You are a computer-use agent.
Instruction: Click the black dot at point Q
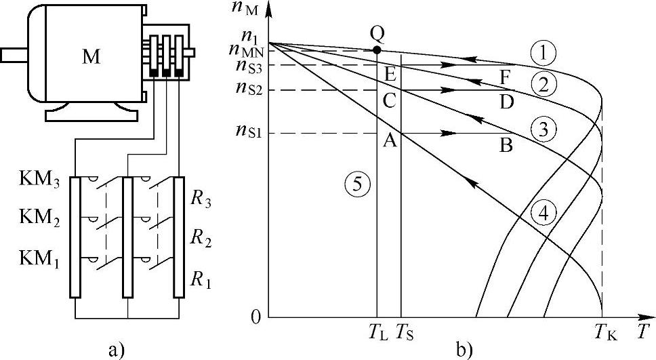pyautogui.click(x=376, y=50)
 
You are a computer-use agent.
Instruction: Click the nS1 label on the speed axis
pyautogui.click(x=249, y=134)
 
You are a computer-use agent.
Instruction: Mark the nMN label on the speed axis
pyautogui.click(x=247, y=49)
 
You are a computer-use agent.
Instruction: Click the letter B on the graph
pyautogui.click(x=505, y=144)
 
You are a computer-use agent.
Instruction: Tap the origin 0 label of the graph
pyautogui.click(x=255, y=317)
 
